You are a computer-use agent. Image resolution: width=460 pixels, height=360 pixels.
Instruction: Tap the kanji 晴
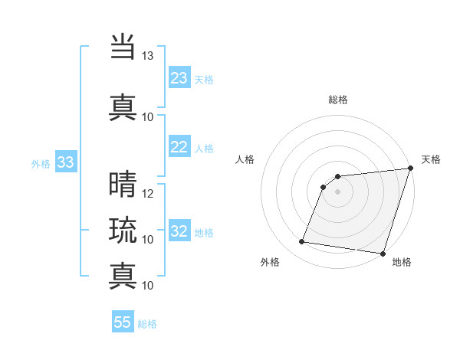tap(123, 184)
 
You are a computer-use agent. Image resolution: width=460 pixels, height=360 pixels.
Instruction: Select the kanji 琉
tap(123, 230)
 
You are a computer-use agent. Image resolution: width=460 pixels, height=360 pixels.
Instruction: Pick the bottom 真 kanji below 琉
tap(123, 276)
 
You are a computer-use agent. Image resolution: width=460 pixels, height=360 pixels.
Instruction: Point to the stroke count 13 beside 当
tap(148, 56)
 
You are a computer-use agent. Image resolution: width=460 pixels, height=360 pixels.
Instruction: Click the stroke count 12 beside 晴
tap(148, 193)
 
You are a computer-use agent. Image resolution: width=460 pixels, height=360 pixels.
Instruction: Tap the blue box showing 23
tap(179, 78)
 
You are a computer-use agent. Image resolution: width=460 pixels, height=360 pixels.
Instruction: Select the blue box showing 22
tap(179, 147)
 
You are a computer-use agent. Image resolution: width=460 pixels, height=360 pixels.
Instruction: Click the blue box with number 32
tap(179, 231)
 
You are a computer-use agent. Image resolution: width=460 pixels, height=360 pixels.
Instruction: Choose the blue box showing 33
tap(65, 162)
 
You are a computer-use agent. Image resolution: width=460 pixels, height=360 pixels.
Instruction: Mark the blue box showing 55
tap(123, 322)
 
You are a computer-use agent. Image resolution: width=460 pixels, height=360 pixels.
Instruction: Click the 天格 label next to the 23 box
tap(204, 80)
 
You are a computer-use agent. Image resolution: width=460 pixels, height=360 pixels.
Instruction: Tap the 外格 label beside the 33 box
tap(41, 163)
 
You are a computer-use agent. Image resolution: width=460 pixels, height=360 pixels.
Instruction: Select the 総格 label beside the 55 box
tap(147, 324)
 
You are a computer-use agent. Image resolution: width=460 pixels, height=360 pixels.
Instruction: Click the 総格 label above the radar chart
tap(337, 100)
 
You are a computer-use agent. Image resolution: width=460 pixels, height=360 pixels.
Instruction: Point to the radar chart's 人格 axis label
tap(245, 159)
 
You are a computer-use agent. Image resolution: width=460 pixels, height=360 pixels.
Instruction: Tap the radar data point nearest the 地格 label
tap(383, 254)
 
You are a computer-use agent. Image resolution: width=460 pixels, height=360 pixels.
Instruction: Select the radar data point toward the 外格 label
tap(301, 242)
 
